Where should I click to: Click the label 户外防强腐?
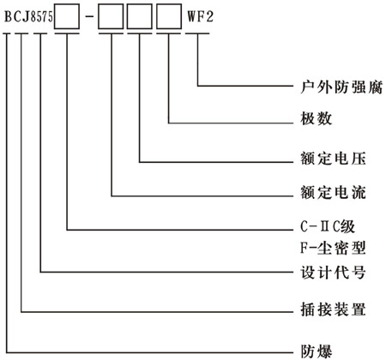pos(329,86)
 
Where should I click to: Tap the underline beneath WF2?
pos(196,34)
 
